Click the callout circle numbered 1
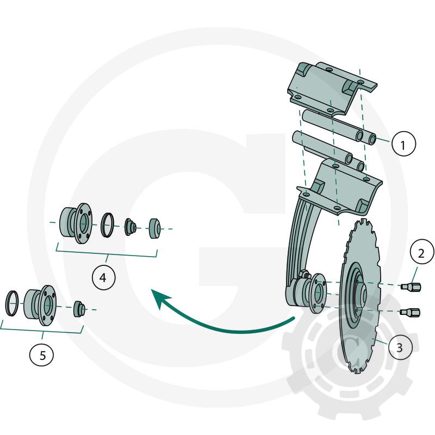(403, 144)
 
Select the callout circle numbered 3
(400, 347)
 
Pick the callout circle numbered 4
(103, 277)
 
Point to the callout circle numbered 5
(42, 355)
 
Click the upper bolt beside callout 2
(411, 287)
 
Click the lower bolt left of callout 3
(410, 312)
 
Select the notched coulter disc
(361, 295)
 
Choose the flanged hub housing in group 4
(76, 223)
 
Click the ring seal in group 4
(107, 225)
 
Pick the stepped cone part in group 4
(130, 227)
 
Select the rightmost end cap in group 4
(154, 228)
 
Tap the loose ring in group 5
(12, 303)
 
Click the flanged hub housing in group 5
(40, 305)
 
